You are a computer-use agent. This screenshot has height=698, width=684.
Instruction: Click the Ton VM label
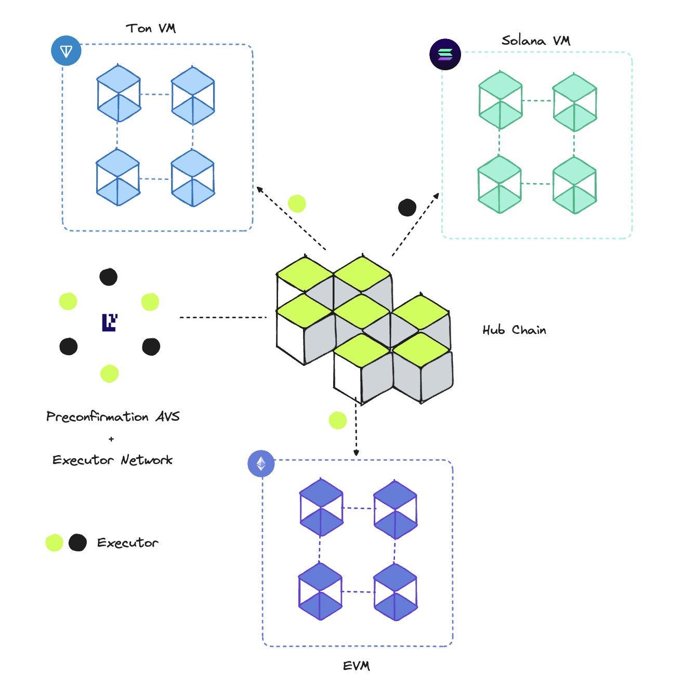tap(151, 29)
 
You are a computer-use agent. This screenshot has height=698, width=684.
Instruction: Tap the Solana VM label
tap(535, 41)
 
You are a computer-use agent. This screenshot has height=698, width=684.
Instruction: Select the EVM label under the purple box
tap(357, 666)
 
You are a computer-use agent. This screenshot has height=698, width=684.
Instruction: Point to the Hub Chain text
tap(514, 330)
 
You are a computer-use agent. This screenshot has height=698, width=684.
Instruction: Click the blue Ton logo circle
tap(67, 51)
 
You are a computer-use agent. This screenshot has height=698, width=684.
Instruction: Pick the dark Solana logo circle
tap(445, 54)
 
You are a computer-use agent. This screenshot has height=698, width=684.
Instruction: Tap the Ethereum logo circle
tap(261, 463)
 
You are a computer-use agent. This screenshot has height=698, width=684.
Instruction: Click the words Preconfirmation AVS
tap(113, 417)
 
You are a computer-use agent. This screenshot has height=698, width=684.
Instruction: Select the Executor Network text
tap(112, 460)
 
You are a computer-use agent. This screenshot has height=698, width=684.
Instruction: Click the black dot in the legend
tap(77, 542)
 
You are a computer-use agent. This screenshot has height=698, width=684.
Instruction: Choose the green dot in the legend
tap(54, 542)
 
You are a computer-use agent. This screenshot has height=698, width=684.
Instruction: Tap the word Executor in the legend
tap(127, 542)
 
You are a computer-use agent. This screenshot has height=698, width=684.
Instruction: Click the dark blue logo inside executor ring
tap(109, 322)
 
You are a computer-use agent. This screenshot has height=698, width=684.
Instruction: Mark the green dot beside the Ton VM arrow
tap(297, 203)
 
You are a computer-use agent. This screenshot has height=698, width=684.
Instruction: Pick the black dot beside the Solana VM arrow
tap(407, 208)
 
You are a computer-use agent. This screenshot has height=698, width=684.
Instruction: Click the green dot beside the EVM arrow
tap(338, 420)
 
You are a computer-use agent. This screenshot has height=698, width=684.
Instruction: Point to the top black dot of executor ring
tap(108, 277)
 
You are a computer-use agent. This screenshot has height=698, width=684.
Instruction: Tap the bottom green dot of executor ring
tap(109, 373)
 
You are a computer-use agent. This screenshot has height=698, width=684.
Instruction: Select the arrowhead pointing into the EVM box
tap(356, 453)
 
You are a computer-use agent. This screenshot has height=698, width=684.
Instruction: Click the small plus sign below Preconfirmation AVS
tap(111, 439)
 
